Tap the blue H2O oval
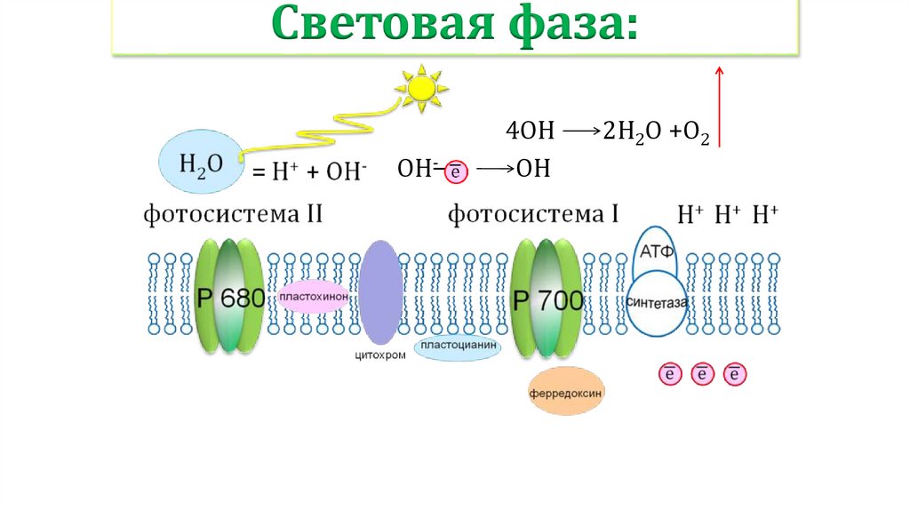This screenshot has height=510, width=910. coord(199,162)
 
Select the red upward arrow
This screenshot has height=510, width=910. coord(720,106)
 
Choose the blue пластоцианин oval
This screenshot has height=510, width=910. coord(458,347)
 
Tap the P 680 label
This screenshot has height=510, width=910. coord(229,299)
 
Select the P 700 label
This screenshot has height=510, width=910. coord(548,300)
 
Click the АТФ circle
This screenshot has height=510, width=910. coord(657,250)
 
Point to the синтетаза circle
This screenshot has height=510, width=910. coord(658,304)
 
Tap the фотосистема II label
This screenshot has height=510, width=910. coord(233,214)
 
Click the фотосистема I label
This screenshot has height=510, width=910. coord(533,214)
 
